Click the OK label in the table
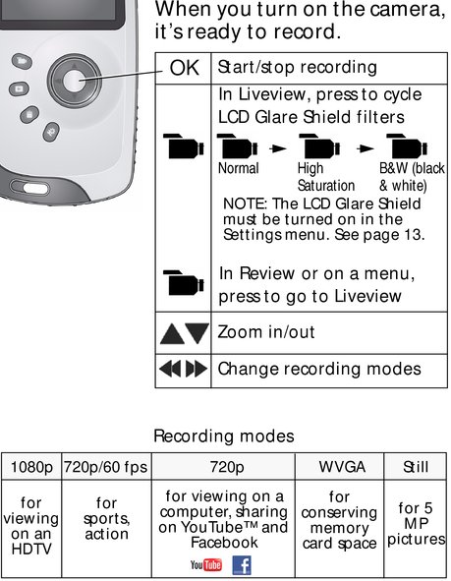(x=184, y=68)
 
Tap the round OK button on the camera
(x=74, y=81)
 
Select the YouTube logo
(x=206, y=564)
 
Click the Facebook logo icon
(x=242, y=565)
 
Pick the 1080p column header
(x=31, y=467)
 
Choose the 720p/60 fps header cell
(x=106, y=467)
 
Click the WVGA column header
(x=342, y=467)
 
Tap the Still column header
(x=416, y=467)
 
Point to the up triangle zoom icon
(x=172, y=334)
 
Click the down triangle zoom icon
(x=197, y=333)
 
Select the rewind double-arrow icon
(x=170, y=369)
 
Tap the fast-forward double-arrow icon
(x=197, y=369)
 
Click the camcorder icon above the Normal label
(x=237, y=146)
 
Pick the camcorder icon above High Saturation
(x=319, y=146)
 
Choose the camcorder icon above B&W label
(x=407, y=146)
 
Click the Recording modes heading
(x=224, y=436)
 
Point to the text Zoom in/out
(x=266, y=332)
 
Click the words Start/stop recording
(x=298, y=68)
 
